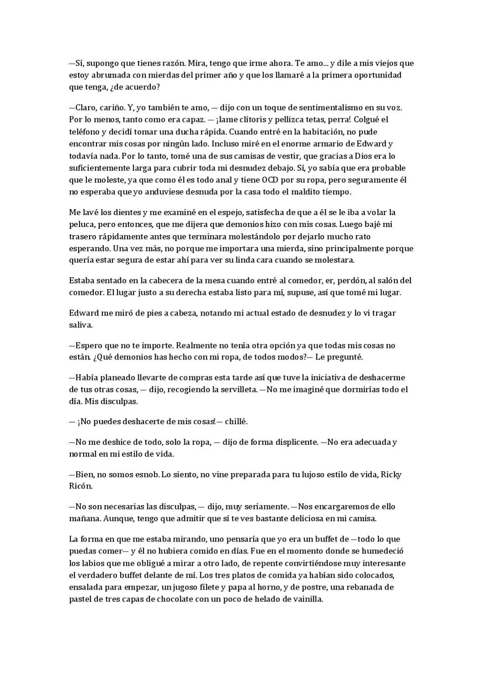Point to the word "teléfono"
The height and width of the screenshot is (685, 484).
coord(84,132)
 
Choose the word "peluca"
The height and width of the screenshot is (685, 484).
coord(80,225)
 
